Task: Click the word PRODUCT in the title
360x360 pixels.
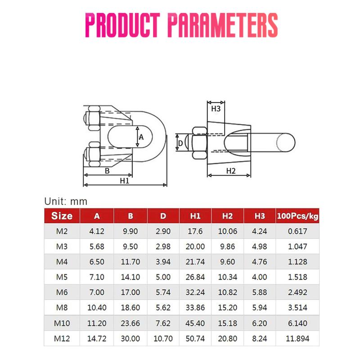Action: (x=122, y=25)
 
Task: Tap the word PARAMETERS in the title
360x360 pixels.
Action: (x=223, y=25)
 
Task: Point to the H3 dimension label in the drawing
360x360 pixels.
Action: (x=216, y=108)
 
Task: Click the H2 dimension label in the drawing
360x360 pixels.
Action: (x=231, y=171)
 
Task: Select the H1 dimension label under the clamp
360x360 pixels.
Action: (x=125, y=181)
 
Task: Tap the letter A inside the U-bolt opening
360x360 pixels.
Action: (x=141, y=137)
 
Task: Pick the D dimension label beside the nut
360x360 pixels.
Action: (x=180, y=143)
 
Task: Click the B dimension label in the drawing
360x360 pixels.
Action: (x=107, y=171)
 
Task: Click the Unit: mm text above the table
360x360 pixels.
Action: (x=66, y=201)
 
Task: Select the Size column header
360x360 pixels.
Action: (x=62, y=216)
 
